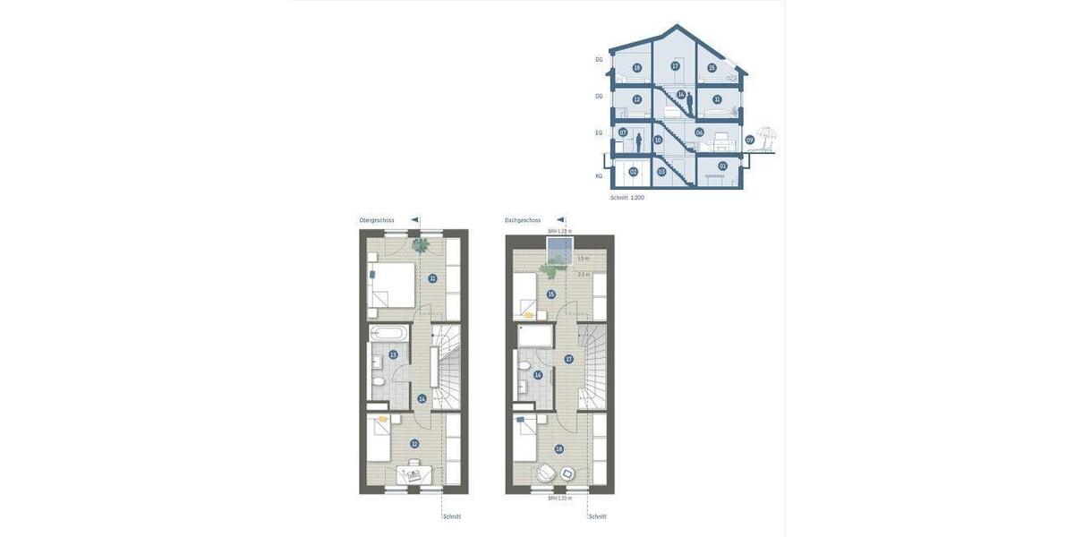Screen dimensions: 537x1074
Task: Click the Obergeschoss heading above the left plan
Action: point(377,220)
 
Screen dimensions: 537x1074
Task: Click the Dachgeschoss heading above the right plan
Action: point(523,220)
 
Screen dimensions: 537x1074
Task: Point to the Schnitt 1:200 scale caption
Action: point(626,197)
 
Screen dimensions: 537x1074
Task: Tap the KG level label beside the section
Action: point(599,175)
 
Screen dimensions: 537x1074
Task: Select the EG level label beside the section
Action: point(599,132)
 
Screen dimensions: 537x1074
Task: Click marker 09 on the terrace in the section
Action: point(750,140)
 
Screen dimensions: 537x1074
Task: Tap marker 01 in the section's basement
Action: point(723,166)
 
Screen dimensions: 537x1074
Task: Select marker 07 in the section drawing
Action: point(623,132)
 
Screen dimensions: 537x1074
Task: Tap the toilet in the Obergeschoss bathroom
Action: point(379,382)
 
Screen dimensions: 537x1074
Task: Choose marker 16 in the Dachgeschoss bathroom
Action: point(538,375)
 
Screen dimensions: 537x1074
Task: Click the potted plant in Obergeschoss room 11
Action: point(420,244)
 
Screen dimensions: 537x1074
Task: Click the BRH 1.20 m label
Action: point(559,231)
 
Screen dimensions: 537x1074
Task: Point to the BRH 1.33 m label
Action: point(559,498)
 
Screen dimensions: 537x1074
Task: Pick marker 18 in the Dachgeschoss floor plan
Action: point(560,449)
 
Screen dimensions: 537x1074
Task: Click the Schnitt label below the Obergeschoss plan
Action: point(452,516)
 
